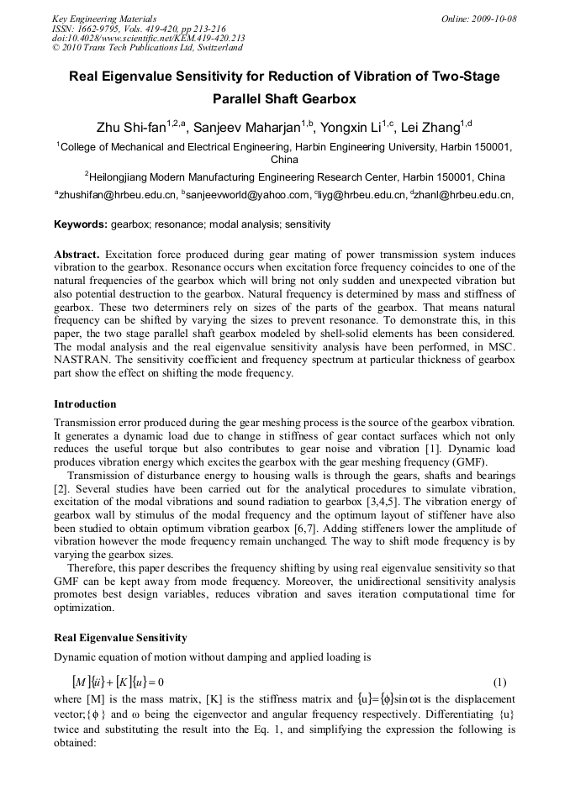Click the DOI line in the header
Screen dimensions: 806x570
click(148, 38)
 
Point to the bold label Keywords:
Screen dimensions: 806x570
click(81, 225)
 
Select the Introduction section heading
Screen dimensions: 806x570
click(85, 404)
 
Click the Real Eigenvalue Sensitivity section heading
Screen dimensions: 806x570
click(120, 637)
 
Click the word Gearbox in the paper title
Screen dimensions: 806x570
click(328, 99)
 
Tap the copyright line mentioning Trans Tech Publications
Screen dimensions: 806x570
click(147, 48)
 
